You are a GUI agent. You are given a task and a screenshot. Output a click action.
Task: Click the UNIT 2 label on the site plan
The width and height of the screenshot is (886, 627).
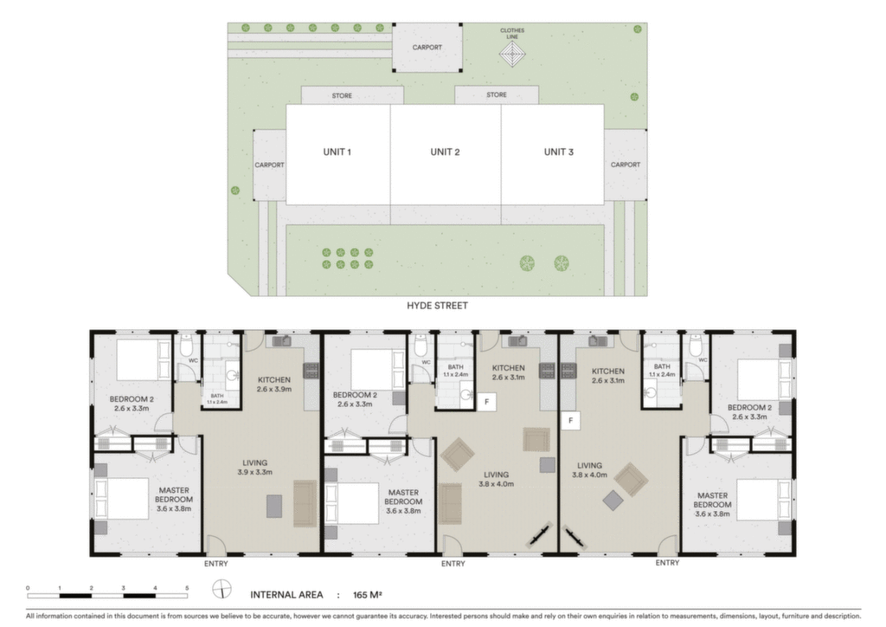point(445,152)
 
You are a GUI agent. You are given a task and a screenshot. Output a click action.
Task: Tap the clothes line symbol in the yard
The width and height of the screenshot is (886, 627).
point(512,55)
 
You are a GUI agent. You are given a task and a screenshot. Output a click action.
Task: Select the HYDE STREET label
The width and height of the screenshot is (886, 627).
point(437,306)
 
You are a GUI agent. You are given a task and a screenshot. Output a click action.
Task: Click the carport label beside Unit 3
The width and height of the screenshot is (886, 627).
point(626,165)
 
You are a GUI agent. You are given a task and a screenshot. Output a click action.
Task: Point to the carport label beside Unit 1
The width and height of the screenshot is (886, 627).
point(270,165)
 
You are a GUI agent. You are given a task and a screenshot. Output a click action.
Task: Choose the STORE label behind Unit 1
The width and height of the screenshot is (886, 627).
point(342,95)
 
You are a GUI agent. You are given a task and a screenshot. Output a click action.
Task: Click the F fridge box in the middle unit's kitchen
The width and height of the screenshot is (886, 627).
point(486,402)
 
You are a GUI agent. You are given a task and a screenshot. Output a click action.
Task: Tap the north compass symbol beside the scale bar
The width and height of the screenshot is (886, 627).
point(222,589)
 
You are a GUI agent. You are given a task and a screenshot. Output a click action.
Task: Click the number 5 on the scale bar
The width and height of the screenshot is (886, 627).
point(187,589)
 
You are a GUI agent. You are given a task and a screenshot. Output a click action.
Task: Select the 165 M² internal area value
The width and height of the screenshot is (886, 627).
point(367,595)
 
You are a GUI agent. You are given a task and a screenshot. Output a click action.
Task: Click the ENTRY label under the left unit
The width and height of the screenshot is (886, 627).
point(215,564)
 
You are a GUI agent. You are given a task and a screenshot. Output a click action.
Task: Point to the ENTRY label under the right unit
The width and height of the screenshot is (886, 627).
point(667,563)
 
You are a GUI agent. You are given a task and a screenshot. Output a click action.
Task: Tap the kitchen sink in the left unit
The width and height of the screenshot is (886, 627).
point(282,340)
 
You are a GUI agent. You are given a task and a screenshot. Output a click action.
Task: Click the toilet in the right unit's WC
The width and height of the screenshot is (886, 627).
point(696,344)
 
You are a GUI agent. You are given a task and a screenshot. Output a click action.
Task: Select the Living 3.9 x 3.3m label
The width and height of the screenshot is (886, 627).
point(255,467)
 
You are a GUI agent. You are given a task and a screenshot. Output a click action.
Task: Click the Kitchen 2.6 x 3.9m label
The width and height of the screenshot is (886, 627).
point(274,385)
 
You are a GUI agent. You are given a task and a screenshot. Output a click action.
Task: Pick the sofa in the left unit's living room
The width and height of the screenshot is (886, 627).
point(305,504)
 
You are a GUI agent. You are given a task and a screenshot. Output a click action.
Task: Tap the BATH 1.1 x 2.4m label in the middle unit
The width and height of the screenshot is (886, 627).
point(455,371)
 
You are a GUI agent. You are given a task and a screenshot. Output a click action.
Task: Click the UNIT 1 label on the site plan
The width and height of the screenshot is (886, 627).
point(337,152)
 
